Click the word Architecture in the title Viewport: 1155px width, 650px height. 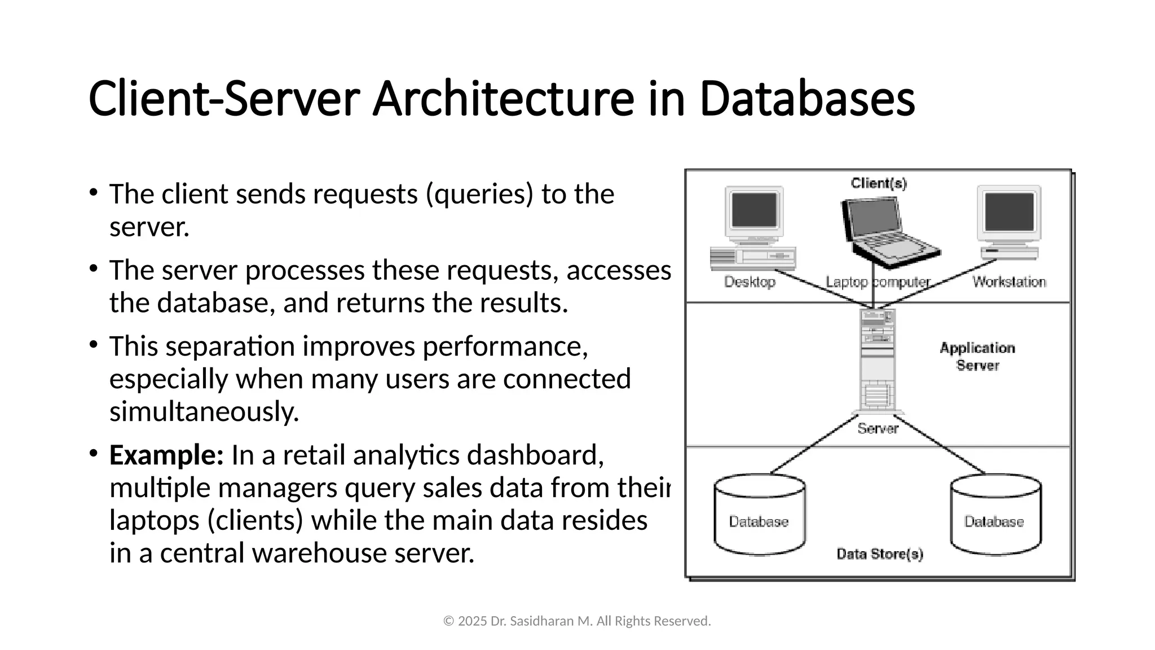click(503, 99)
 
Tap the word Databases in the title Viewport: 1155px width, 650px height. click(806, 99)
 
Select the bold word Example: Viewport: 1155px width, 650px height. click(166, 455)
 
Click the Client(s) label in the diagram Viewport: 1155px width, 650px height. click(879, 183)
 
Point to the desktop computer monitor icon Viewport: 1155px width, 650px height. click(754, 212)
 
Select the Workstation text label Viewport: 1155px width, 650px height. click(1009, 282)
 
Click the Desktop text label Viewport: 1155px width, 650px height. click(750, 282)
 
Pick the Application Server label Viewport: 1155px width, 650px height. click(977, 357)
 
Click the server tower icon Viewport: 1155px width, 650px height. click(878, 361)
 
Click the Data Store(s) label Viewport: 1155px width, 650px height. click(879, 554)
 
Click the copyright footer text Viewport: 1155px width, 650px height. click(577, 621)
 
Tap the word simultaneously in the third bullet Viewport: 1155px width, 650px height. click(204, 412)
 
